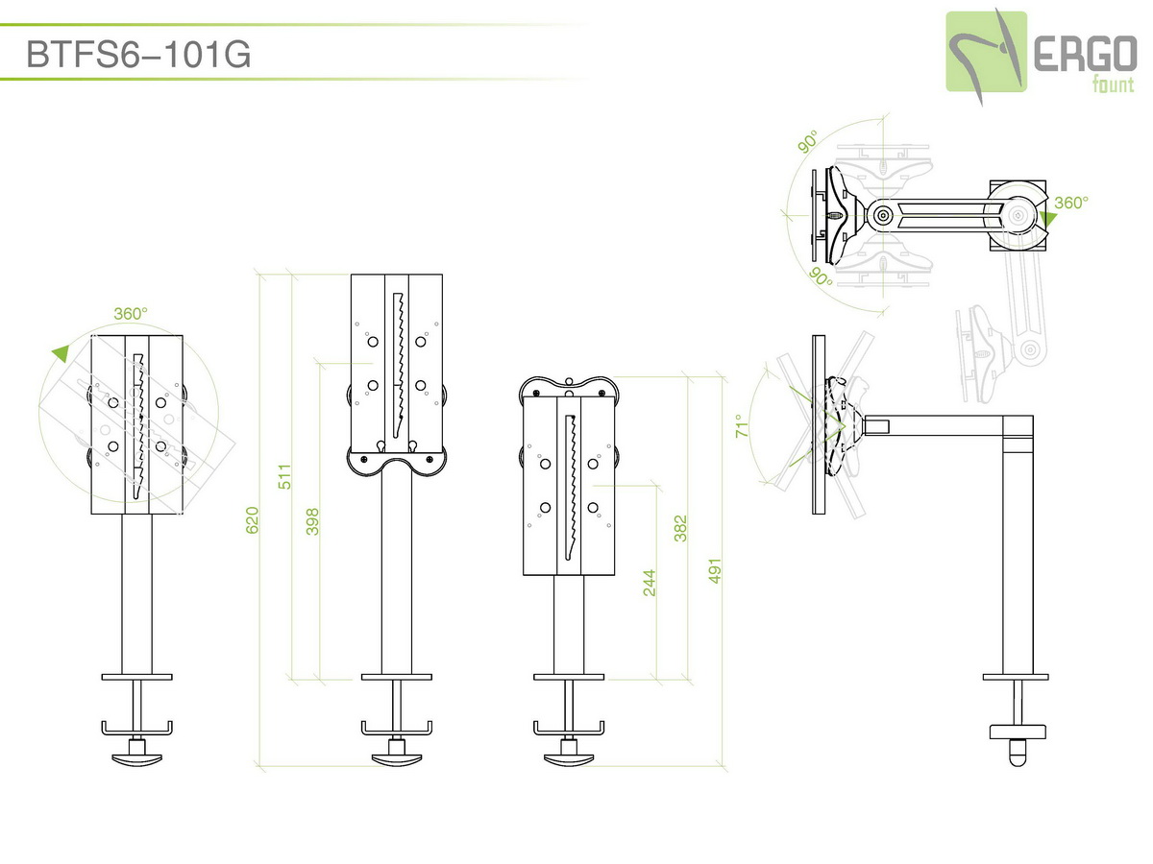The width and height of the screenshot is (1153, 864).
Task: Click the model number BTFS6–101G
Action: pos(138,54)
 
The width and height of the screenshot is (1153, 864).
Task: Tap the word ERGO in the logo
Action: pos(1085,54)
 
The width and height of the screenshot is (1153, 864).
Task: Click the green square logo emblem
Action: pos(987,52)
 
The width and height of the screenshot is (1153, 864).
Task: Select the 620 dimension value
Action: pos(252,520)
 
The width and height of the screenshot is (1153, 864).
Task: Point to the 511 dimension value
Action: pos(284,476)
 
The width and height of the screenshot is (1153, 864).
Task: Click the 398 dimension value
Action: pos(312,521)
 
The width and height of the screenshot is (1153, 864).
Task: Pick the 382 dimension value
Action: pos(680,528)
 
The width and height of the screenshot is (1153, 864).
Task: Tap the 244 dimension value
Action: pos(650,583)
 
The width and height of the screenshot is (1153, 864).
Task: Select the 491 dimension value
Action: pos(715,571)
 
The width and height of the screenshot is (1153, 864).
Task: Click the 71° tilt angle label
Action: pos(741,425)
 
